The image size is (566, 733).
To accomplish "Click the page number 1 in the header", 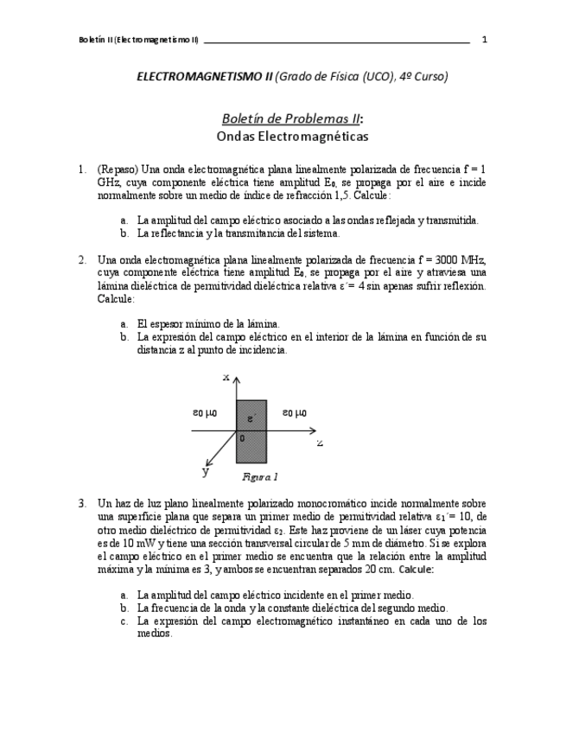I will (x=484, y=40).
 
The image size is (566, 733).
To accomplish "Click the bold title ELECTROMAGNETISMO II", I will (x=204, y=77).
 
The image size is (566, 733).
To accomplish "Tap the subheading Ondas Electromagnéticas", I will (x=292, y=137).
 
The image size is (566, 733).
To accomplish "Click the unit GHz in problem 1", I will (x=109, y=183).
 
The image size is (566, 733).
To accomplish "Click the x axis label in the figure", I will (x=226, y=377).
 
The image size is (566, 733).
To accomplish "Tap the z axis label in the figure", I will (x=320, y=443).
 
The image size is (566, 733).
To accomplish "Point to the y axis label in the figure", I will (x=206, y=472).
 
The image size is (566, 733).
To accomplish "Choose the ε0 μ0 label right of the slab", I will (x=295, y=412).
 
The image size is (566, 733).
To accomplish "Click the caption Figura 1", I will (x=260, y=476).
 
